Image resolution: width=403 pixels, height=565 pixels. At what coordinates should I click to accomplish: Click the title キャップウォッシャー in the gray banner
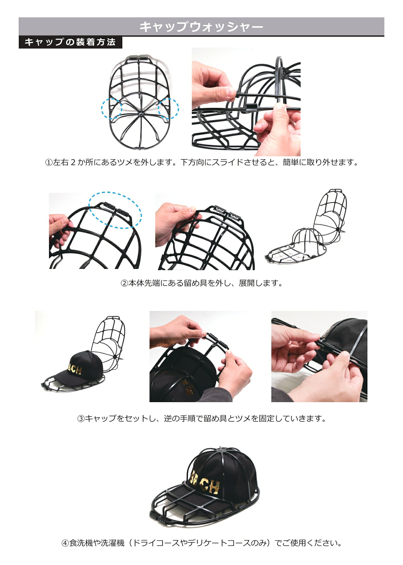[201, 27]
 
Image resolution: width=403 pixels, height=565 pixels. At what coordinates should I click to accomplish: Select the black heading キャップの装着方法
[70, 42]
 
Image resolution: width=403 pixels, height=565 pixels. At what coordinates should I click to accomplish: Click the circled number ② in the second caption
[124, 283]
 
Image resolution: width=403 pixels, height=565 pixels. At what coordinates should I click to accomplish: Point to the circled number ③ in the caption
[81, 419]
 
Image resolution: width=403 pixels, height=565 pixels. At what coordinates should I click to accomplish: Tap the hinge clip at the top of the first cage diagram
[140, 58]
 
